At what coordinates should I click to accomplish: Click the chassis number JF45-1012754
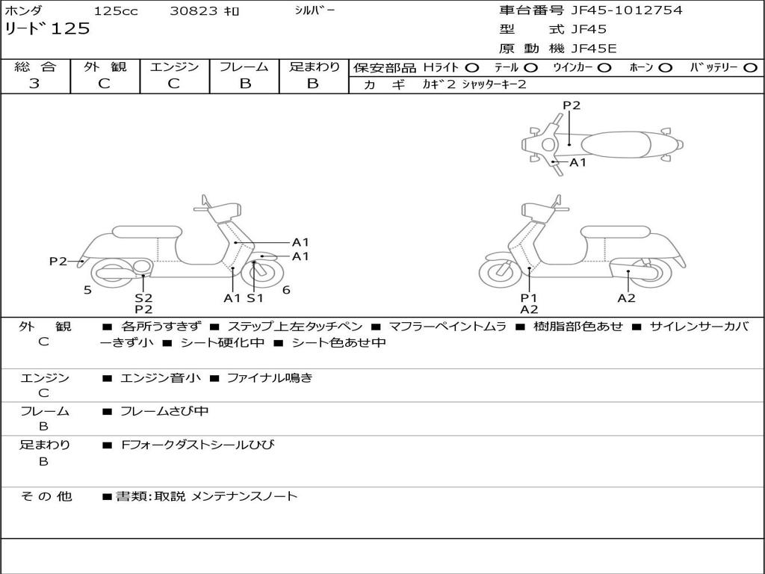pyautogui.click(x=626, y=10)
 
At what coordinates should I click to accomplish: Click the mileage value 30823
pyautogui.click(x=193, y=11)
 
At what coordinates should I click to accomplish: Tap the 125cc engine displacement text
pyautogui.click(x=110, y=11)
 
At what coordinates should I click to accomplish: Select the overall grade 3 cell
pyautogui.click(x=34, y=84)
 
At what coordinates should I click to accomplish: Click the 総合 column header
pyautogui.click(x=35, y=67)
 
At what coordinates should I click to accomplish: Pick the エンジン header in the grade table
pyautogui.click(x=174, y=67)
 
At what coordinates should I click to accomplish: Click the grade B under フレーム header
pyautogui.click(x=244, y=84)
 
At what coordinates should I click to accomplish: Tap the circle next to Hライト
pyautogui.click(x=472, y=68)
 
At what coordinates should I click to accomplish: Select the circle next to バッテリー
pyautogui.click(x=750, y=68)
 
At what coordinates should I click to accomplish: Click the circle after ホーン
pyautogui.click(x=666, y=68)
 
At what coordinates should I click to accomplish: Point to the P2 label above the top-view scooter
pyautogui.click(x=572, y=105)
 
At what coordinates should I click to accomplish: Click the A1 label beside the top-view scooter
pyautogui.click(x=578, y=162)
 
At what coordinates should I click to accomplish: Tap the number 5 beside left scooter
pyautogui.click(x=87, y=290)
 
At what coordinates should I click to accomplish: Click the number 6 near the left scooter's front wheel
pyautogui.click(x=286, y=290)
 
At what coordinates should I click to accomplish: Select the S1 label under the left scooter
pyautogui.click(x=255, y=298)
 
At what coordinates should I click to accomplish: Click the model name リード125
pyautogui.click(x=48, y=29)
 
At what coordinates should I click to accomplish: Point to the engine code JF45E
pyautogui.click(x=594, y=49)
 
